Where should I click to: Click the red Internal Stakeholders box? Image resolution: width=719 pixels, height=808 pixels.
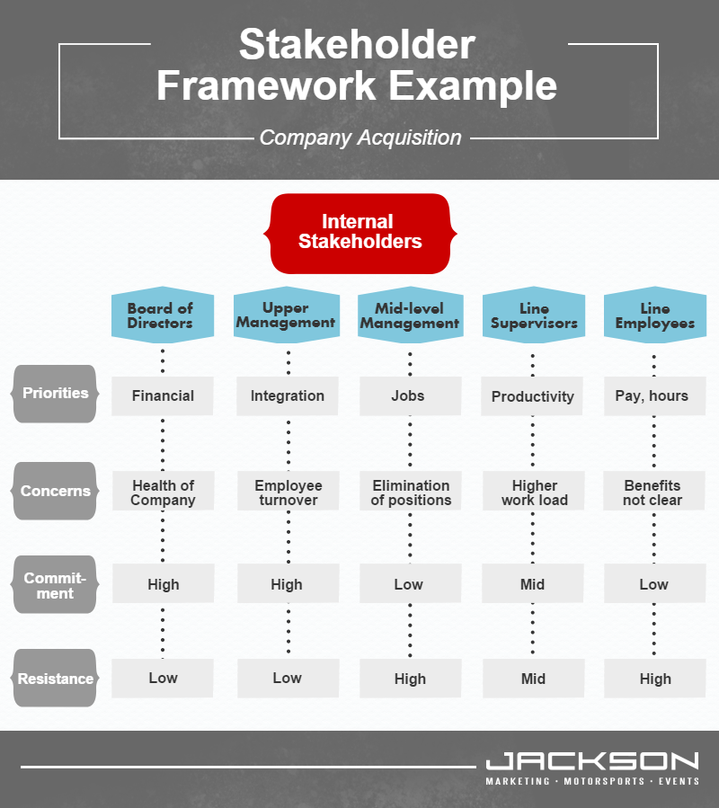coord(359,234)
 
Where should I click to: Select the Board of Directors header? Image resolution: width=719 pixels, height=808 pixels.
coord(163,315)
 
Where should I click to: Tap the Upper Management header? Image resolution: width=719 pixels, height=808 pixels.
coord(287,315)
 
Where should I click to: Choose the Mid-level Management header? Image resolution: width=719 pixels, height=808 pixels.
coord(410,315)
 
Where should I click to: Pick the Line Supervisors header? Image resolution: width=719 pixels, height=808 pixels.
coord(534,315)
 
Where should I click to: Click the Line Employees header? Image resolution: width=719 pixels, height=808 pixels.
coord(654,315)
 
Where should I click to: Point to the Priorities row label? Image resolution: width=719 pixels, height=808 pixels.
coord(55,394)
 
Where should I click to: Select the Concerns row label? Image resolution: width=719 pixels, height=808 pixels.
coord(55,491)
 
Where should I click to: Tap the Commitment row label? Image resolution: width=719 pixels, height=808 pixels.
coord(55,584)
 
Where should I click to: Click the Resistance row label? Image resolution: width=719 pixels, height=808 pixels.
coord(55,679)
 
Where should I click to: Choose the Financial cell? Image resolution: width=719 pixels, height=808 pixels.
coord(163,395)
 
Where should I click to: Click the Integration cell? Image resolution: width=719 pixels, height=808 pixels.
coord(287,395)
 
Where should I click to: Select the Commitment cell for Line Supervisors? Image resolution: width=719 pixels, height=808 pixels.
coord(532,583)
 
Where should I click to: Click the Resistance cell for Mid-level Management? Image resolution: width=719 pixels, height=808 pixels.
coord(410,679)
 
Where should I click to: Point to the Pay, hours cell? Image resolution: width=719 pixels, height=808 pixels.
coord(654,395)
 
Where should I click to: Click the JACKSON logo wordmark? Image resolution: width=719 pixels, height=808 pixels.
coord(592,761)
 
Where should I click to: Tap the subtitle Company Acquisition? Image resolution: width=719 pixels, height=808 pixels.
coord(360,138)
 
